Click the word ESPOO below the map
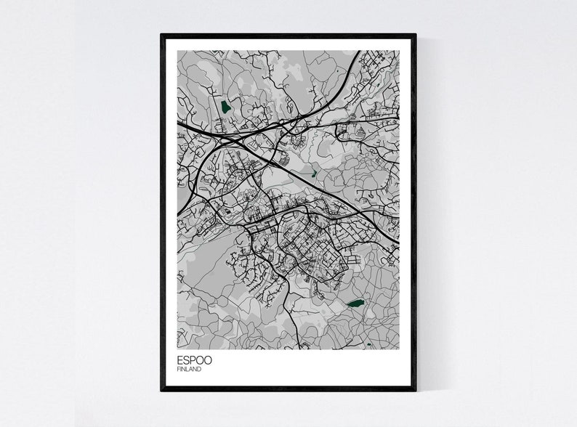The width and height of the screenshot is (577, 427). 195,359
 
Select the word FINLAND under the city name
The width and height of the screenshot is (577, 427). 189,369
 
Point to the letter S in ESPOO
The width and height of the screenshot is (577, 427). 187,359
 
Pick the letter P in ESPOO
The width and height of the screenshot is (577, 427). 193,359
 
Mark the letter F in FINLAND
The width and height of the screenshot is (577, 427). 178,369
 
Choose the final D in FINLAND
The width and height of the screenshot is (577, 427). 200,369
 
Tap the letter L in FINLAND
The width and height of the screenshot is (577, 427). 188,369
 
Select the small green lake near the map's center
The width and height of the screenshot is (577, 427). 313,174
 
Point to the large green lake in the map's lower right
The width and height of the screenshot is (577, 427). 355,304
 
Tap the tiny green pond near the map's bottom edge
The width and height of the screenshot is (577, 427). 368,343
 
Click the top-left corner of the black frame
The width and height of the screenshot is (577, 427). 162,35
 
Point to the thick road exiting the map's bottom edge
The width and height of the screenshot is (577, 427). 298,348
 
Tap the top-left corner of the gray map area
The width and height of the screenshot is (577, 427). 178,51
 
